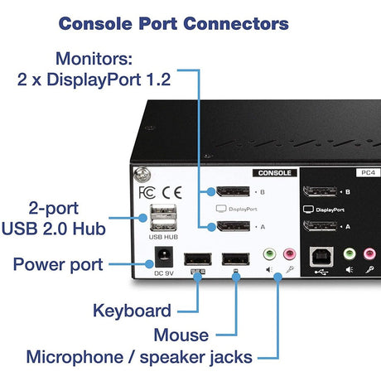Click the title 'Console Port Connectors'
(173, 22)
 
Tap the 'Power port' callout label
(57, 265)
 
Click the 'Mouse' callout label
(181, 335)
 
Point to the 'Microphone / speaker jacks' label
(138, 358)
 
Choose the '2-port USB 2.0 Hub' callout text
(57, 216)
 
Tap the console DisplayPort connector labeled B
(234, 192)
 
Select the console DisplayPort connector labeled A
(234, 226)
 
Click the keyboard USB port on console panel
(196, 258)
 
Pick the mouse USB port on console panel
(235, 258)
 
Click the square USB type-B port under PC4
(320, 258)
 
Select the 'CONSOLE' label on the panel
(275, 173)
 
